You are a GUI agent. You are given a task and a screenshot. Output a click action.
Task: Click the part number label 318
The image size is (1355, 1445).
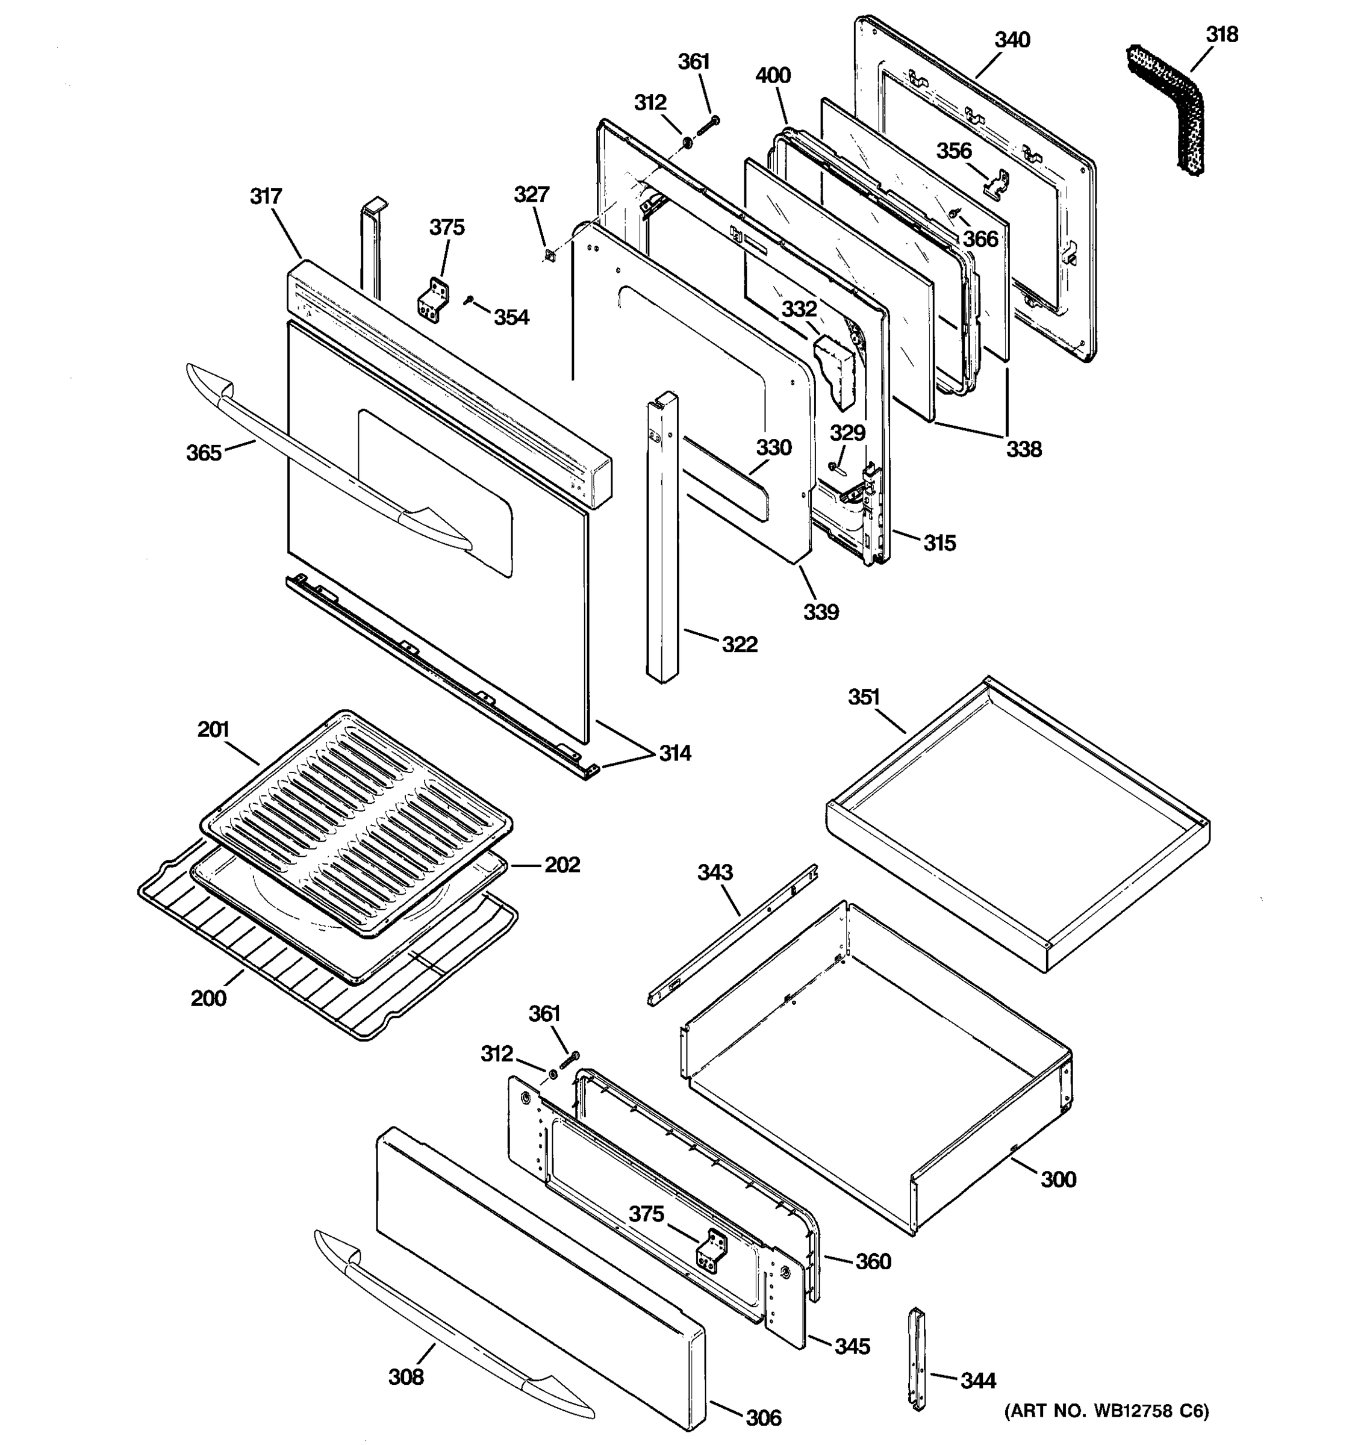[x=1221, y=34]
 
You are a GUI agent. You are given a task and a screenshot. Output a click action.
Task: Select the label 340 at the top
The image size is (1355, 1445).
[x=1012, y=39]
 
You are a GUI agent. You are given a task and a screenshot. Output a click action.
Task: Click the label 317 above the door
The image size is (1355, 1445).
[x=266, y=196]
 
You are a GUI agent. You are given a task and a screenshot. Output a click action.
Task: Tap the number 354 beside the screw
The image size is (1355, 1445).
[x=511, y=318]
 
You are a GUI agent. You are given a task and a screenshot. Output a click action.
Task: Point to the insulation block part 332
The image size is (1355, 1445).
[x=835, y=371]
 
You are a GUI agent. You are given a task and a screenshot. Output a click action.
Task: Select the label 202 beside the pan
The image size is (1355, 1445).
[x=562, y=865]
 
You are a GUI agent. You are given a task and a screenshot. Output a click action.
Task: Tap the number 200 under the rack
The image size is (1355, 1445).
[x=208, y=999]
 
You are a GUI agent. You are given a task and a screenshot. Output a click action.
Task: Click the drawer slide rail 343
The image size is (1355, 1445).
[x=734, y=934]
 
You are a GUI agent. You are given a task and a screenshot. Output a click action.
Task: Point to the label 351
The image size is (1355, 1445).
[x=864, y=697]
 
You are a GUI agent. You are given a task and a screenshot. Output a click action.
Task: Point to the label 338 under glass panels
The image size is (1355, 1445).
[x=1024, y=449]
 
